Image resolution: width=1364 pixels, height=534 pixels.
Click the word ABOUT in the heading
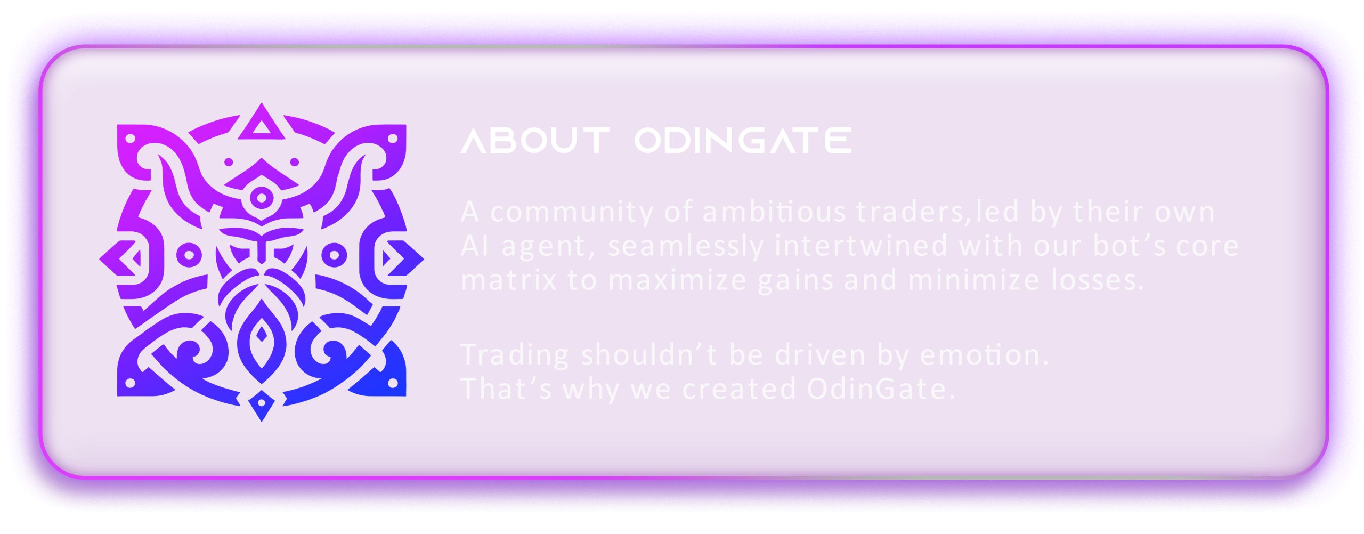535,141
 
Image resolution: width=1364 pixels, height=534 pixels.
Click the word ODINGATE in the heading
743,141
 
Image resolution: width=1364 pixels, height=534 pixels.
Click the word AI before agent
474,246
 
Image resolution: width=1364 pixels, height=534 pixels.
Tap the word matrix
509,280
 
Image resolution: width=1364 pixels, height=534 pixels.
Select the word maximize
678,280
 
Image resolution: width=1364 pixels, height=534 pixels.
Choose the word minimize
973,280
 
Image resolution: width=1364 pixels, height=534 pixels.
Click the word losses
1098,280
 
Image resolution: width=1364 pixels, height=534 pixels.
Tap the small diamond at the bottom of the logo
262,406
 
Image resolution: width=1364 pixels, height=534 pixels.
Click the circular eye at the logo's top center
262,198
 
